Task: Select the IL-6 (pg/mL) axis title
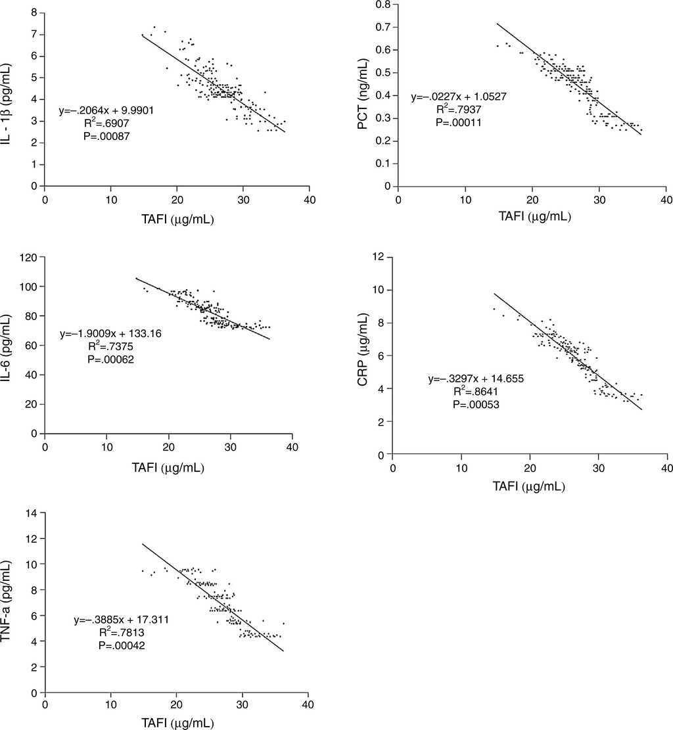[11, 344]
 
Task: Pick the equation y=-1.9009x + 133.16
[110, 334]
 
